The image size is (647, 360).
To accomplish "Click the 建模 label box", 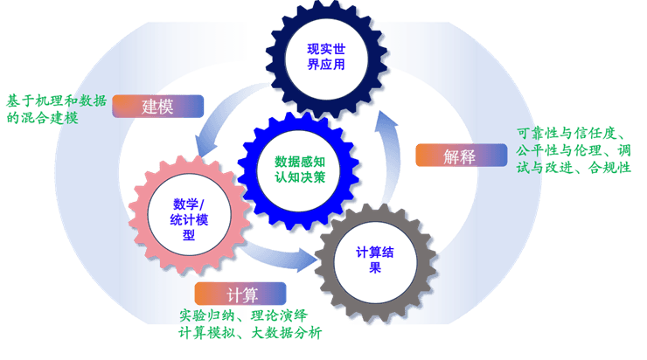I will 158,107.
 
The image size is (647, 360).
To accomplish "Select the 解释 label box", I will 460,156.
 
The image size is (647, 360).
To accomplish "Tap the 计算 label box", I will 240,294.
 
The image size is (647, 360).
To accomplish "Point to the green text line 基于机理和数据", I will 57,100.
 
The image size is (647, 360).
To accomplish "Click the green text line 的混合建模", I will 42,117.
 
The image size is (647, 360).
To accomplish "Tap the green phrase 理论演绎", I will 276,315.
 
